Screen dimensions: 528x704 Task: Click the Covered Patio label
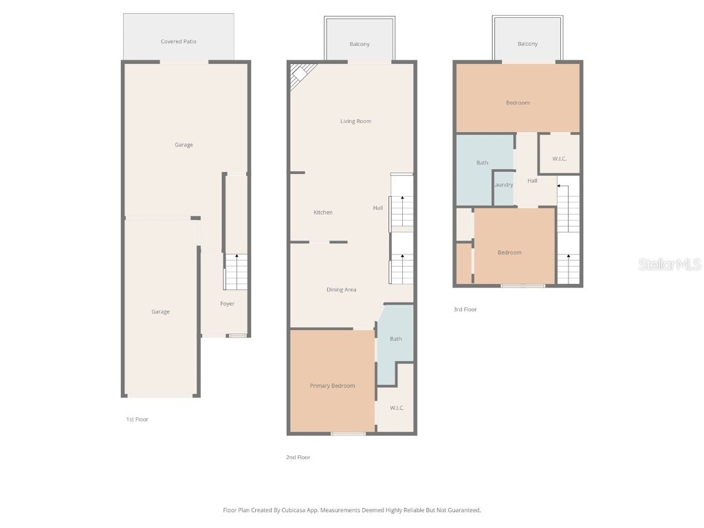coord(179,42)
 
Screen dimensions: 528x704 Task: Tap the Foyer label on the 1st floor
coord(227,304)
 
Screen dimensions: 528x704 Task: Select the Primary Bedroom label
coord(332,386)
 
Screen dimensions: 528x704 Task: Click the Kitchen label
coord(323,212)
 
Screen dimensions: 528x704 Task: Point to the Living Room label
coord(355,122)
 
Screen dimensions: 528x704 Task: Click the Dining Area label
coord(341,290)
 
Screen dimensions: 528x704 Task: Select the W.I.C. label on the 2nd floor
coord(397,408)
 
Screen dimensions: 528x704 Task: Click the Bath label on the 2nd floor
coord(396,339)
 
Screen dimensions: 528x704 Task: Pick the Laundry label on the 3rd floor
coord(503,185)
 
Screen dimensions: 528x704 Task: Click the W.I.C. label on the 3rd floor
coord(559,159)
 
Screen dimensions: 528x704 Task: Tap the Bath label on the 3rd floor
coord(483,163)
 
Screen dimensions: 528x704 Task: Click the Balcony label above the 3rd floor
coord(527,44)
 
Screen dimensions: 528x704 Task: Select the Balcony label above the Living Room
coord(360,44)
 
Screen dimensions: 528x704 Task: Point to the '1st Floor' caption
coord(137,419)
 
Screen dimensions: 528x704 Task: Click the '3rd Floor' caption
coord(465,310)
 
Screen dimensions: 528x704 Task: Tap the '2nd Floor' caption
coord(298,457)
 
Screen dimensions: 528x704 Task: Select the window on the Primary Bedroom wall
coord(349,433)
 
